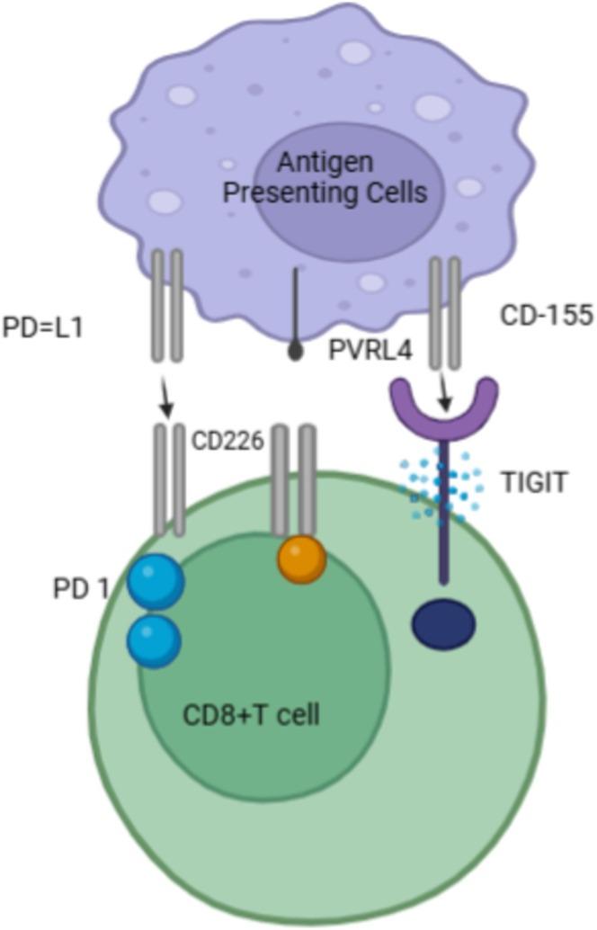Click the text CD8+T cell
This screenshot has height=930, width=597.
click(x=251, y=717)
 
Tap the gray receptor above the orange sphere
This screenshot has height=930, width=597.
click(x=295, y=481)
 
